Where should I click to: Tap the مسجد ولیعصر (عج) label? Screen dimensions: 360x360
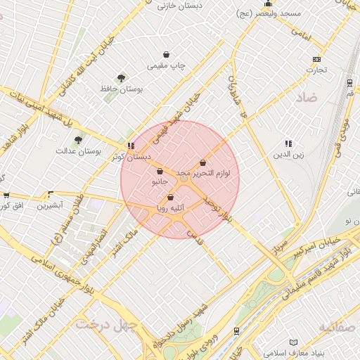(x=269, y=13)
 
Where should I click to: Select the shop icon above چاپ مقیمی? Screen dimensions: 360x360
(x=166, y=54)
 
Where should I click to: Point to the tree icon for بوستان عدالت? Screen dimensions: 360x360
(x=78, y=140)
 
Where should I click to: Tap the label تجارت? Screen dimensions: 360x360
(x=316, y=70)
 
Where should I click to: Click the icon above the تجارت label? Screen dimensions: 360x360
(x=316, y=59)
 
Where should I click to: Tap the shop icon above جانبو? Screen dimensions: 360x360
(x=160, y=171)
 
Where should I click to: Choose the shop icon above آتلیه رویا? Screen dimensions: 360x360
(x=170, y=198)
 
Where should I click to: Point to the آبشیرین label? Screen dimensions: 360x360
(x=50, y=205)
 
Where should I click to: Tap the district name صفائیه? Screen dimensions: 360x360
(x=338, y=327)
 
